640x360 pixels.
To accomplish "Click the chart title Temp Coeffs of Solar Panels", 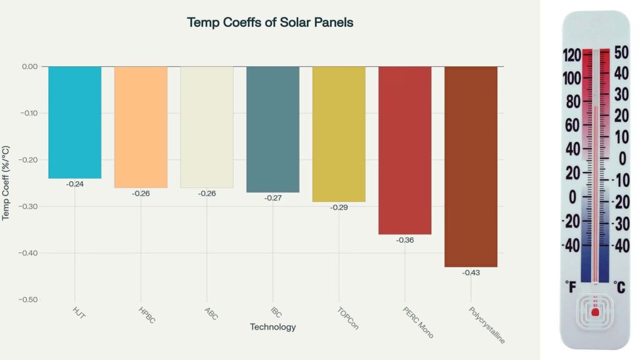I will (x=270, y=22).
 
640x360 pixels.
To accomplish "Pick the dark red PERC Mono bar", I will (x=404, y=150).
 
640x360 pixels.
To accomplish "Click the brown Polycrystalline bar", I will (x=471, y=166).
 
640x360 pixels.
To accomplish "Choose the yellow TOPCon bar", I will (x=339, y=134).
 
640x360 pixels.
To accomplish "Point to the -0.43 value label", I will (x=471, y=273).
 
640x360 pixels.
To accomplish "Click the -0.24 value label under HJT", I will (x=75, y=184).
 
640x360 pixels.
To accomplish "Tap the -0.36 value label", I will (x=405, y=241).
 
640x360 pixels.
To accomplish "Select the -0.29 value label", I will (x=339, y=207).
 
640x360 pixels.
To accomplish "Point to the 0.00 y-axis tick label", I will (x=29, y=66).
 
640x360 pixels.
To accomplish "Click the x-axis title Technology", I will (x=272, y=327).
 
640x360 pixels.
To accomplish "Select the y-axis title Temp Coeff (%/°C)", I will (x=6, y=183).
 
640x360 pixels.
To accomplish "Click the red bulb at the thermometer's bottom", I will (x=595, y=310).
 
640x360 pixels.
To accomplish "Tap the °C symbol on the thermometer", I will (x=619, y=287).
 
